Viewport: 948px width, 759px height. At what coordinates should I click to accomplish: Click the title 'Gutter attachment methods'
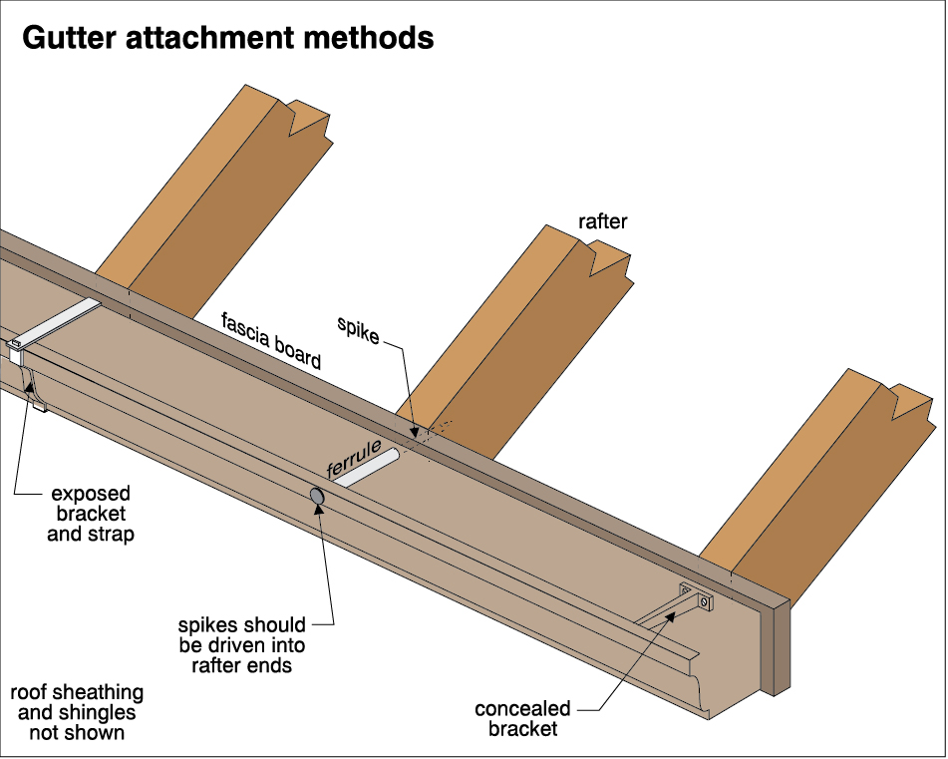click(x=227, y=38)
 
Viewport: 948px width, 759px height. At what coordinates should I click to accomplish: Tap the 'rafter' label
click(x=603, y=221)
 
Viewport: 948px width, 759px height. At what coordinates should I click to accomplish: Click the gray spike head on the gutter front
click(x=317, y=495)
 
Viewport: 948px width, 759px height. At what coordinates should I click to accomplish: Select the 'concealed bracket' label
click(x=522, y=718)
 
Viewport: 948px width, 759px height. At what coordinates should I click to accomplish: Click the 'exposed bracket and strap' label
click(x=92, y=514)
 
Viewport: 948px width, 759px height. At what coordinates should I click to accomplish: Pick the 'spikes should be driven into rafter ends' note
click(x=242, y=644)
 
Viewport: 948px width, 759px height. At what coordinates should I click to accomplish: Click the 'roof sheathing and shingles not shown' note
click(x=76, y=712)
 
